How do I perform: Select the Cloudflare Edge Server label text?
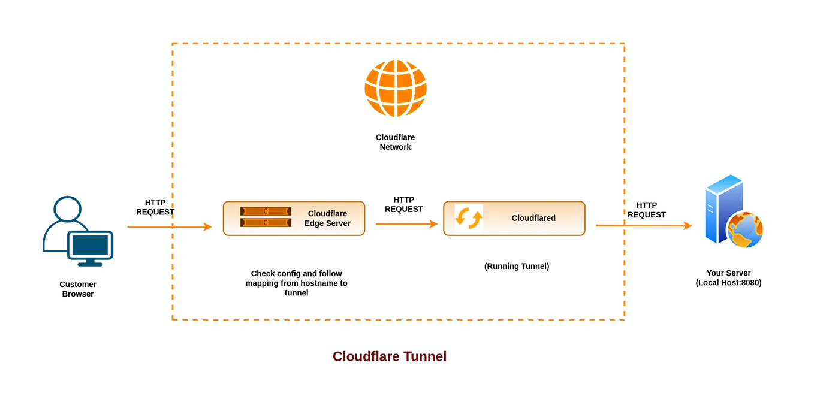[x=327, y=219]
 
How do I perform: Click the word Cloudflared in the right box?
[x=533, y=218]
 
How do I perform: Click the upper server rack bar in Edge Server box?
[x=266, y=211]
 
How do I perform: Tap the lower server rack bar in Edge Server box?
[x=266, y=223]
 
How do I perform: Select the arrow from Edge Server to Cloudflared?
[x=406, y=224]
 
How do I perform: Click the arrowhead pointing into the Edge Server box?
[x=209, y=226]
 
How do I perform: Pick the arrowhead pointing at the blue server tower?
[x=689, y=226]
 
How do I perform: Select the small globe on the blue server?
[x=746, y=230]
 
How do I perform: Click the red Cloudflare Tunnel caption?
[x=390, y=356]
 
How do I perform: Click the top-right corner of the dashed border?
[x=626, y=41]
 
